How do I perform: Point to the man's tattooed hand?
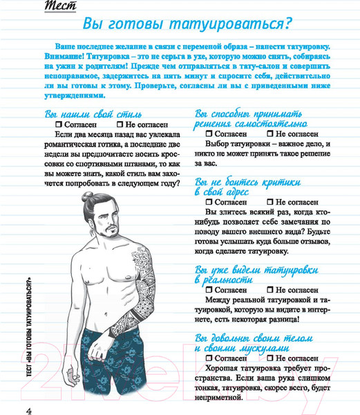pos(99,346)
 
